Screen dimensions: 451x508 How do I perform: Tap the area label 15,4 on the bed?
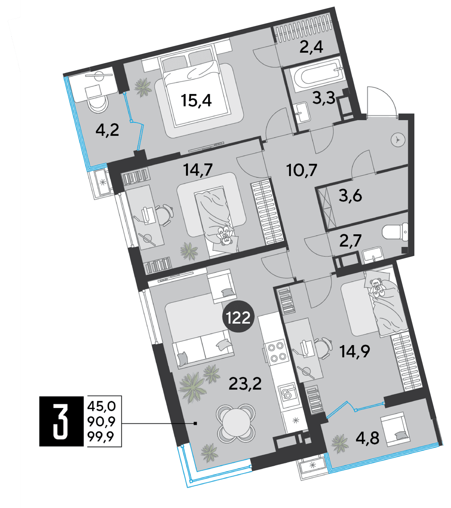[196, 101]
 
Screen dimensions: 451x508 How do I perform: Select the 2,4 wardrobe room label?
[311, 47]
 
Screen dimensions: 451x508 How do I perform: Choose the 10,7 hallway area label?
[302, 170]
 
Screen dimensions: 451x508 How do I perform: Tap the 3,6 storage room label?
[350, 196]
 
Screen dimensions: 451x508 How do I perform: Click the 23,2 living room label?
[245, 384]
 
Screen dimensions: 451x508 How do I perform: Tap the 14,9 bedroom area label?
[354, 351]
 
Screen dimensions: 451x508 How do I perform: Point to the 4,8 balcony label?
[367, 438]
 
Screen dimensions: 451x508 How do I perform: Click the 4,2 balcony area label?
[107, 130]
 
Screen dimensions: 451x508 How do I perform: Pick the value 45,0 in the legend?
[101, 406]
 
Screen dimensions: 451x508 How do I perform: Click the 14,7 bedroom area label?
[198, 170]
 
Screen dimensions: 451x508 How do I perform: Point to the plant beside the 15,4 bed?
[143, 87]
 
